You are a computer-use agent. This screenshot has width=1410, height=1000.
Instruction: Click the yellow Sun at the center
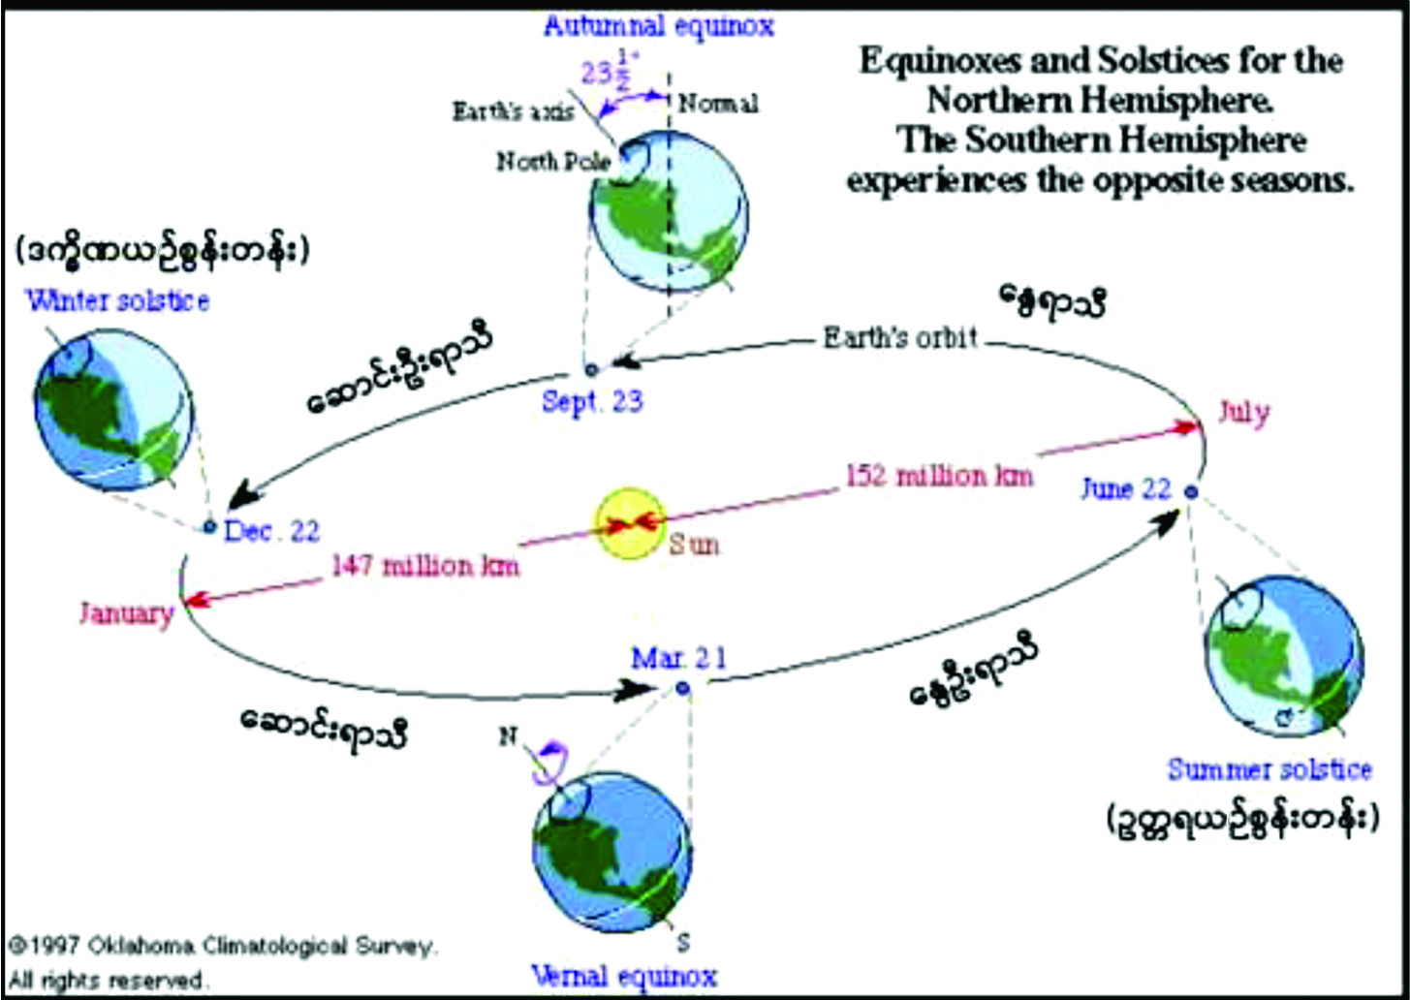(630, 524)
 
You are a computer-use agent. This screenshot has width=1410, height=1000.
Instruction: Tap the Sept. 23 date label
(592, 401)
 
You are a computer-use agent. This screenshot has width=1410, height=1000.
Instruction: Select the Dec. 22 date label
(271, 531)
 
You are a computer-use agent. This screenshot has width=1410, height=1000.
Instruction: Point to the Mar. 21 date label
(677, 659)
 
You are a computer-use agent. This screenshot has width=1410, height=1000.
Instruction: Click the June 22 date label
(1126, 489)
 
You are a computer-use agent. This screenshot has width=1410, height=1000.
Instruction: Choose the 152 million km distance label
(939, 476)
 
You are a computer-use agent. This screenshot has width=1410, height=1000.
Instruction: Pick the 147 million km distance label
(425, 564)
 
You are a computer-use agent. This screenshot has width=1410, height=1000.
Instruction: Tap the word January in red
(127, 613)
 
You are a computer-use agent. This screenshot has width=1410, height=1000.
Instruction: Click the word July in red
(1243, 413)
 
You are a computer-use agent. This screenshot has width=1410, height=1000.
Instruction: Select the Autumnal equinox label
(658, 25)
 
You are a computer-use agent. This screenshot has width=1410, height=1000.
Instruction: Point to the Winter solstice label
(117, 300)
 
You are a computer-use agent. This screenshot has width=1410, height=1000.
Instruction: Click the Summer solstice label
(1269, 770)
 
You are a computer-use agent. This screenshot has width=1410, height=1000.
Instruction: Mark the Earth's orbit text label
(899, 338)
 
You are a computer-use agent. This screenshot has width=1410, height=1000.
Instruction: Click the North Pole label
(553, 161)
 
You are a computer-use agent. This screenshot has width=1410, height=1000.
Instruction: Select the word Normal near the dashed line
(718, 103)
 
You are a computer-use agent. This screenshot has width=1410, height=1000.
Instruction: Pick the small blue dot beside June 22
(1191, 492)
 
